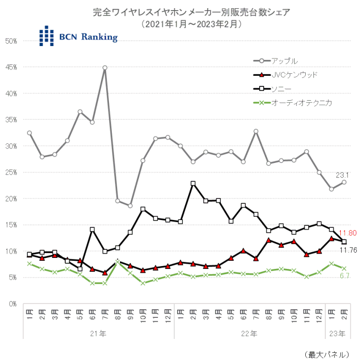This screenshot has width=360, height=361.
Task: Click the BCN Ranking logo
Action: point(78,36)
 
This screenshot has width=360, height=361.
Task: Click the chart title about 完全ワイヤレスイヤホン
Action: point(191,12)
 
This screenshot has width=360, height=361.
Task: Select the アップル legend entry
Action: point(285,61)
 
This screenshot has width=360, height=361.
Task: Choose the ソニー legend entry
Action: point(281,89)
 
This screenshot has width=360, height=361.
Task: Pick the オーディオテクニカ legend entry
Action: point(301,103)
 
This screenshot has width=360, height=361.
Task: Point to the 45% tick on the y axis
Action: point(11,67)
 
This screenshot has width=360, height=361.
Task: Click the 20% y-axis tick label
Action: point(11,198)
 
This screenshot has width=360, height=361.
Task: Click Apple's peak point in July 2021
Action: point(105,68)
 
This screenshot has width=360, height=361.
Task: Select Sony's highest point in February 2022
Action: point(192,183)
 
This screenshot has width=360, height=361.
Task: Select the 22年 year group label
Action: point(250,333)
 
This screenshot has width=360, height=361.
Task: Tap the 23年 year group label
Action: point(338,333)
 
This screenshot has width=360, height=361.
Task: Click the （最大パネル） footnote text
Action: point(327,354)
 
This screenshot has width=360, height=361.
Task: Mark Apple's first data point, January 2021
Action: point(29,133)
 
